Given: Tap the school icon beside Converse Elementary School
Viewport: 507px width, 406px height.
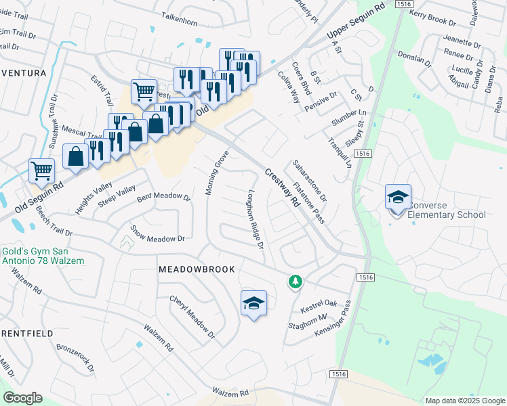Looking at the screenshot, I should pos(398,197).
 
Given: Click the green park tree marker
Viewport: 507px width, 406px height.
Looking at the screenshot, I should pos(294,281).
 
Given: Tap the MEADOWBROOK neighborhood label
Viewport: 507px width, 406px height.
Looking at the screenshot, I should pos(197,269).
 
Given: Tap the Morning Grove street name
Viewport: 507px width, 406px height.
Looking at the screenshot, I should pos(217,173).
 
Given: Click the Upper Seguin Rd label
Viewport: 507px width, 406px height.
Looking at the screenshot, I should pos(355,23).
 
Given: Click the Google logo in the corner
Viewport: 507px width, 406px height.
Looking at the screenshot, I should pos(22,398).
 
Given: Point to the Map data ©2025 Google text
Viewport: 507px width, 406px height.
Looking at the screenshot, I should pos(464,401).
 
